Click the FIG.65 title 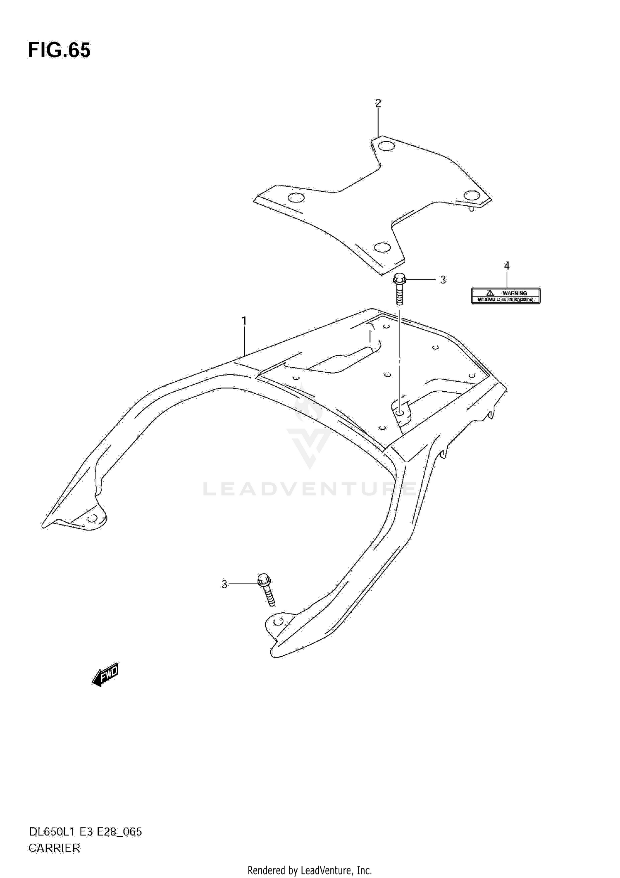(x=59, y=50)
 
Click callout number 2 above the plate (x=378, y=103)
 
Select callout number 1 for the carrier (x=244, y=320)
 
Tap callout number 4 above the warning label (x=507, y=266)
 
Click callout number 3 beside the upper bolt (x=443, y=280)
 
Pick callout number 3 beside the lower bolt (x=224, y=584)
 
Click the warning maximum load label (x=506, y=296)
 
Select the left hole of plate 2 (x=296, y=197)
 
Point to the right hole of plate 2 (x=471, y=195)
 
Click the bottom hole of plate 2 (x=382, y=247)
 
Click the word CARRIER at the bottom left (x=54, y=848)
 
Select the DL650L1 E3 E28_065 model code (x=85, y=831)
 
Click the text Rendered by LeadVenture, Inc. (x=310, y=871)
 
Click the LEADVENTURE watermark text (x=309, y=489)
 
